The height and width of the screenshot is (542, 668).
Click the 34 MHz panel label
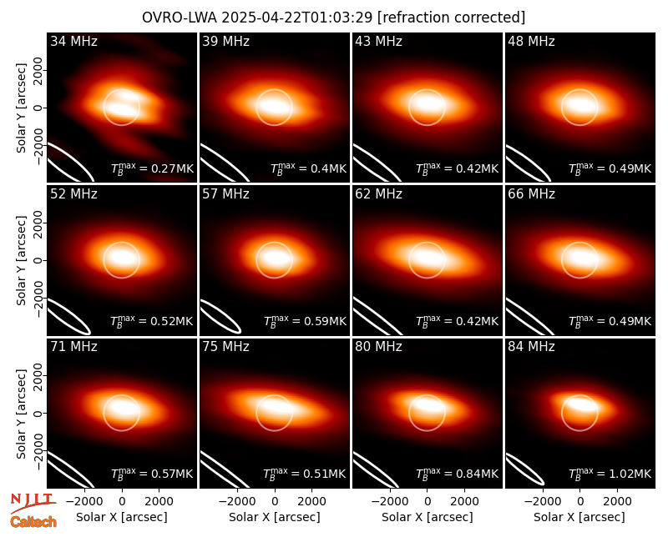click(x=73, y=41)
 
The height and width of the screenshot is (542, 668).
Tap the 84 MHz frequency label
click(x=531, y=347)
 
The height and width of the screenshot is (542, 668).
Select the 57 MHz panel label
click(x=225, y=194)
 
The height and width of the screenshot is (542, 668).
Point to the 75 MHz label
click(x=225, y=347)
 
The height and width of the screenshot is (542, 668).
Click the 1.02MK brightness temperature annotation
click(x=610, y=474)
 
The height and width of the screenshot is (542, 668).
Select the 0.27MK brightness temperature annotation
click(x=153, y=168)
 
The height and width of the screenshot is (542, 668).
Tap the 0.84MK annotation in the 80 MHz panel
click(x=457, y=474)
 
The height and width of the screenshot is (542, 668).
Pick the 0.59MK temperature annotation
click(x=305, y=321)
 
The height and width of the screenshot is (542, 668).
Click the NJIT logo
click(x=33, y=503)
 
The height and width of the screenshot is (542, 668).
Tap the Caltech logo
click(x=33, y=522)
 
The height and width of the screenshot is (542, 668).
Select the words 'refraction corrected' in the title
click(x=452, y=18)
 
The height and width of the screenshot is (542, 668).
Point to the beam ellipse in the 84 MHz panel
click(x=525, y=469)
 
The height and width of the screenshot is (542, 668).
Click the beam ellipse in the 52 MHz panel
click(x=68, y=317)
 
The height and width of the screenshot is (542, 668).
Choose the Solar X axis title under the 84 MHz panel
click(x=579, y=517)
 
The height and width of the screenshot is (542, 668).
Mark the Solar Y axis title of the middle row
click(x=21, y=260)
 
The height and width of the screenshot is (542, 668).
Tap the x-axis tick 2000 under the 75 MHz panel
click(x=311, y=501)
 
